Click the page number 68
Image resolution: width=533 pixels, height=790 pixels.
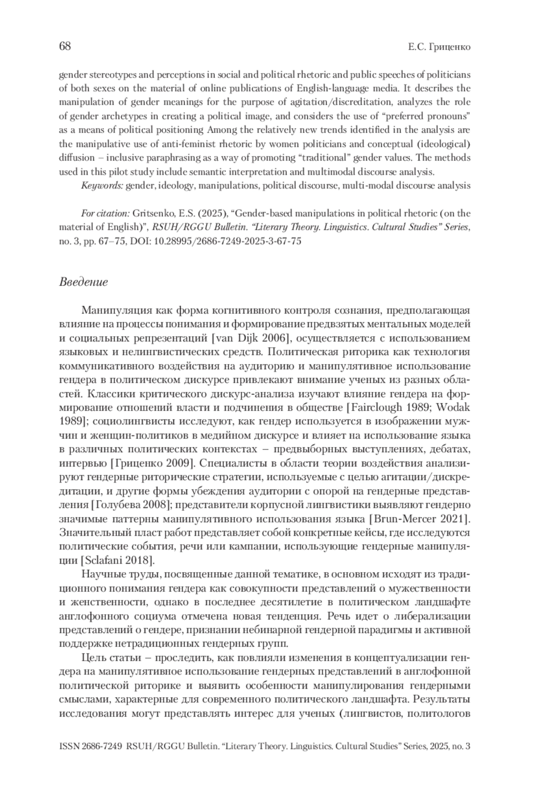click(65, 46)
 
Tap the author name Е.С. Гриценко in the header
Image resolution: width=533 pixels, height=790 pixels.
click(439, 47)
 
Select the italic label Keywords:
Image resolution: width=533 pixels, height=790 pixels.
click(102, 186)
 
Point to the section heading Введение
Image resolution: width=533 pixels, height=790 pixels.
click(84, 282)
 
